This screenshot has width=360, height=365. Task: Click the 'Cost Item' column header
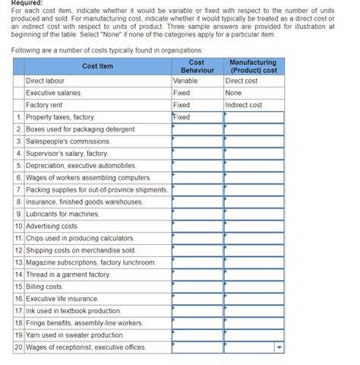pyautogui.click(x=97, y=67)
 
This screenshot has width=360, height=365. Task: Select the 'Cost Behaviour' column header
pyautogui.click(x=197, y=67)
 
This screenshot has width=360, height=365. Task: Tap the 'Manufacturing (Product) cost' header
pyautogui.click(x=254, y=67)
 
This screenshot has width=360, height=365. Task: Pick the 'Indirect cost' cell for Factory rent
pyautogui.click(x=244, y=105)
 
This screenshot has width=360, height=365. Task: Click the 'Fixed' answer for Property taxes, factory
pyautogui.click(x=182, y=117)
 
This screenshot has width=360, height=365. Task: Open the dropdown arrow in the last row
pyautogui.click(x=278, y=348)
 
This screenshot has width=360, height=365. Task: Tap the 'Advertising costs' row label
pyautogui.click(x=52, y=226)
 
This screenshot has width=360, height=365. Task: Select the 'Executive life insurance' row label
pyautogui.click(x=62, y=299)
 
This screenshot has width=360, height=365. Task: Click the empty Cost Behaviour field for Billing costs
pyautogui.click(x=197, y=287)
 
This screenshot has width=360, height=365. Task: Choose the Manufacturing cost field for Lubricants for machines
pyautogui.click(x=254, y=214)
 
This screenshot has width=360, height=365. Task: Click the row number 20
pyautogui.click(x=18, y=348)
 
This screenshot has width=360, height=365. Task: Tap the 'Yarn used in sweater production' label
pyautogui.click(x=74, y=335)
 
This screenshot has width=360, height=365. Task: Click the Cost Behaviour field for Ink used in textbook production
pyautogui.click(x=197, y=311)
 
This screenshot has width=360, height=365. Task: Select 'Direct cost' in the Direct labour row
pyautogui.click(x=242, y=80)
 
